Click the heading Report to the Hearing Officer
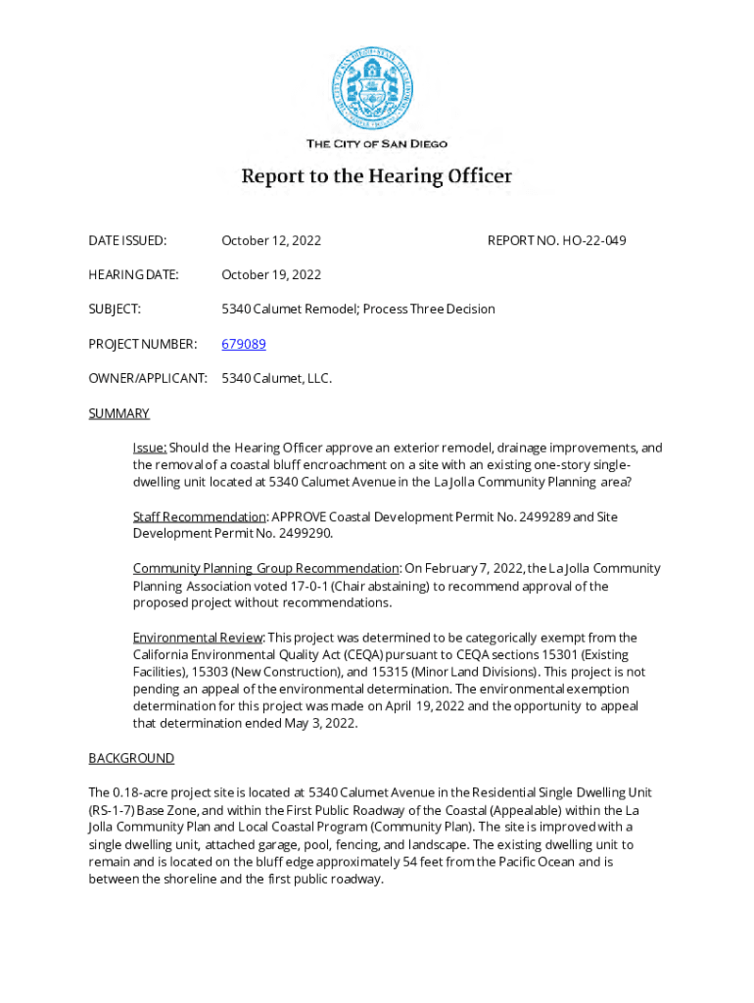coord(376,177)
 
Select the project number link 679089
coord(244,344)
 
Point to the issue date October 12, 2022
coord(271,240)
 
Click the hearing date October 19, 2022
coord(271,274)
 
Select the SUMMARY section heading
coord(119,413)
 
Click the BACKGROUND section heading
coord(131,758)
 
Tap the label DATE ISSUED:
coord(127,240)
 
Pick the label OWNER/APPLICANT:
coord(148,378)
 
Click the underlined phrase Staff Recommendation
coord(200,516)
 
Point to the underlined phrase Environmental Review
coord(198,638)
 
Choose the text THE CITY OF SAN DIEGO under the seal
coord(376,144)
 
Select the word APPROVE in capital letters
coord(299,516)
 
